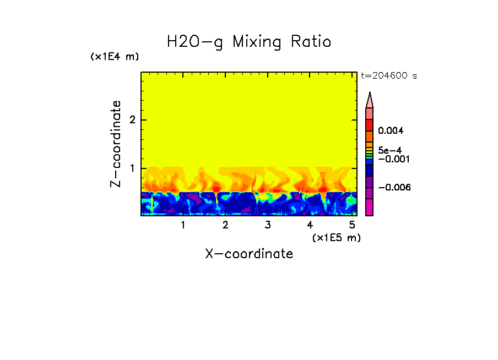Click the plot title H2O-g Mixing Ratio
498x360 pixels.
point(249,42)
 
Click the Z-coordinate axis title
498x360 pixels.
point(116,144)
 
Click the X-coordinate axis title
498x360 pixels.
point(249,254)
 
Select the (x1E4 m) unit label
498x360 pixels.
point(115,57)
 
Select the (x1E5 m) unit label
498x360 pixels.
point(336,237)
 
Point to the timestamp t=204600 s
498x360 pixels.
point(389,76)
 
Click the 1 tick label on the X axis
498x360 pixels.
point(183,225)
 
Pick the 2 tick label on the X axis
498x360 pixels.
point(225,225)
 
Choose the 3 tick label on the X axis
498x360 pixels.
point(268,225)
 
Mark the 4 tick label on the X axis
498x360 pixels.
point(310,225)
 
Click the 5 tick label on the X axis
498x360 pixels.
point(352,225)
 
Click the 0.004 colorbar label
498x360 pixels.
point(391,131)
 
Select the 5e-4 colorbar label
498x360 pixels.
point(389,150)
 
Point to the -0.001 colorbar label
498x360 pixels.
point(391,159)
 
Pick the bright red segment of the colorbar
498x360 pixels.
point(370,124)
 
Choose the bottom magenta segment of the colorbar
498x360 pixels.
point(370,208)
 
